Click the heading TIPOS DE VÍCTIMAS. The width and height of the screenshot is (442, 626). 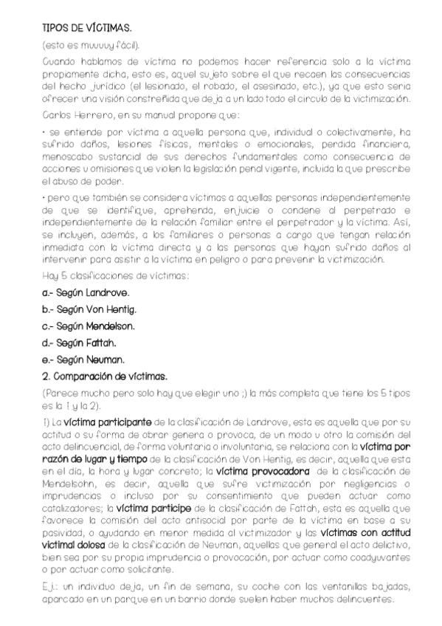tap(87, 27)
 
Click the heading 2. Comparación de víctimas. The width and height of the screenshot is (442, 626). tap(105, 376)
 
